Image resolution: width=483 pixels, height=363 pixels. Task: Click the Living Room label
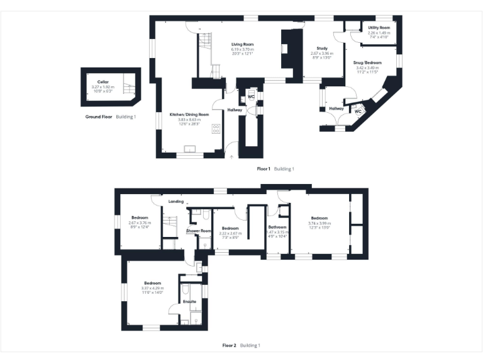click(x=242, y=44)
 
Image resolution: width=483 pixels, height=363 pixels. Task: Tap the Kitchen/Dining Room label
click(x=189, y=114)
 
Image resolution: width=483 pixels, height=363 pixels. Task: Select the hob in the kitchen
click(x=216, y=129)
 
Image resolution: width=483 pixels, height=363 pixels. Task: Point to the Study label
click(x=321, y=49)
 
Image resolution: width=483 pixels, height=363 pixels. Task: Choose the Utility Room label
click(x=379, y=28)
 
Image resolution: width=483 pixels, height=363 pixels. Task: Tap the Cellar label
click(x=104, y=82)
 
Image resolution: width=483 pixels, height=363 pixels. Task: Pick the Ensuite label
click(x=189, y=302)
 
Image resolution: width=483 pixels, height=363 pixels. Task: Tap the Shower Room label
click(x=197, y=231)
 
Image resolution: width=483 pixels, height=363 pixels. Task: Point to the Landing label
click(x=176, y=202)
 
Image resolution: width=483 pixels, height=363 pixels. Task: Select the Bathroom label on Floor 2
click(x=277, y=227)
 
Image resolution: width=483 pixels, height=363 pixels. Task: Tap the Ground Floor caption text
click(x=99, y=117)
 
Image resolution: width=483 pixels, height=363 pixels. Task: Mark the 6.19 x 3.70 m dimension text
click(x=242, y=49)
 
